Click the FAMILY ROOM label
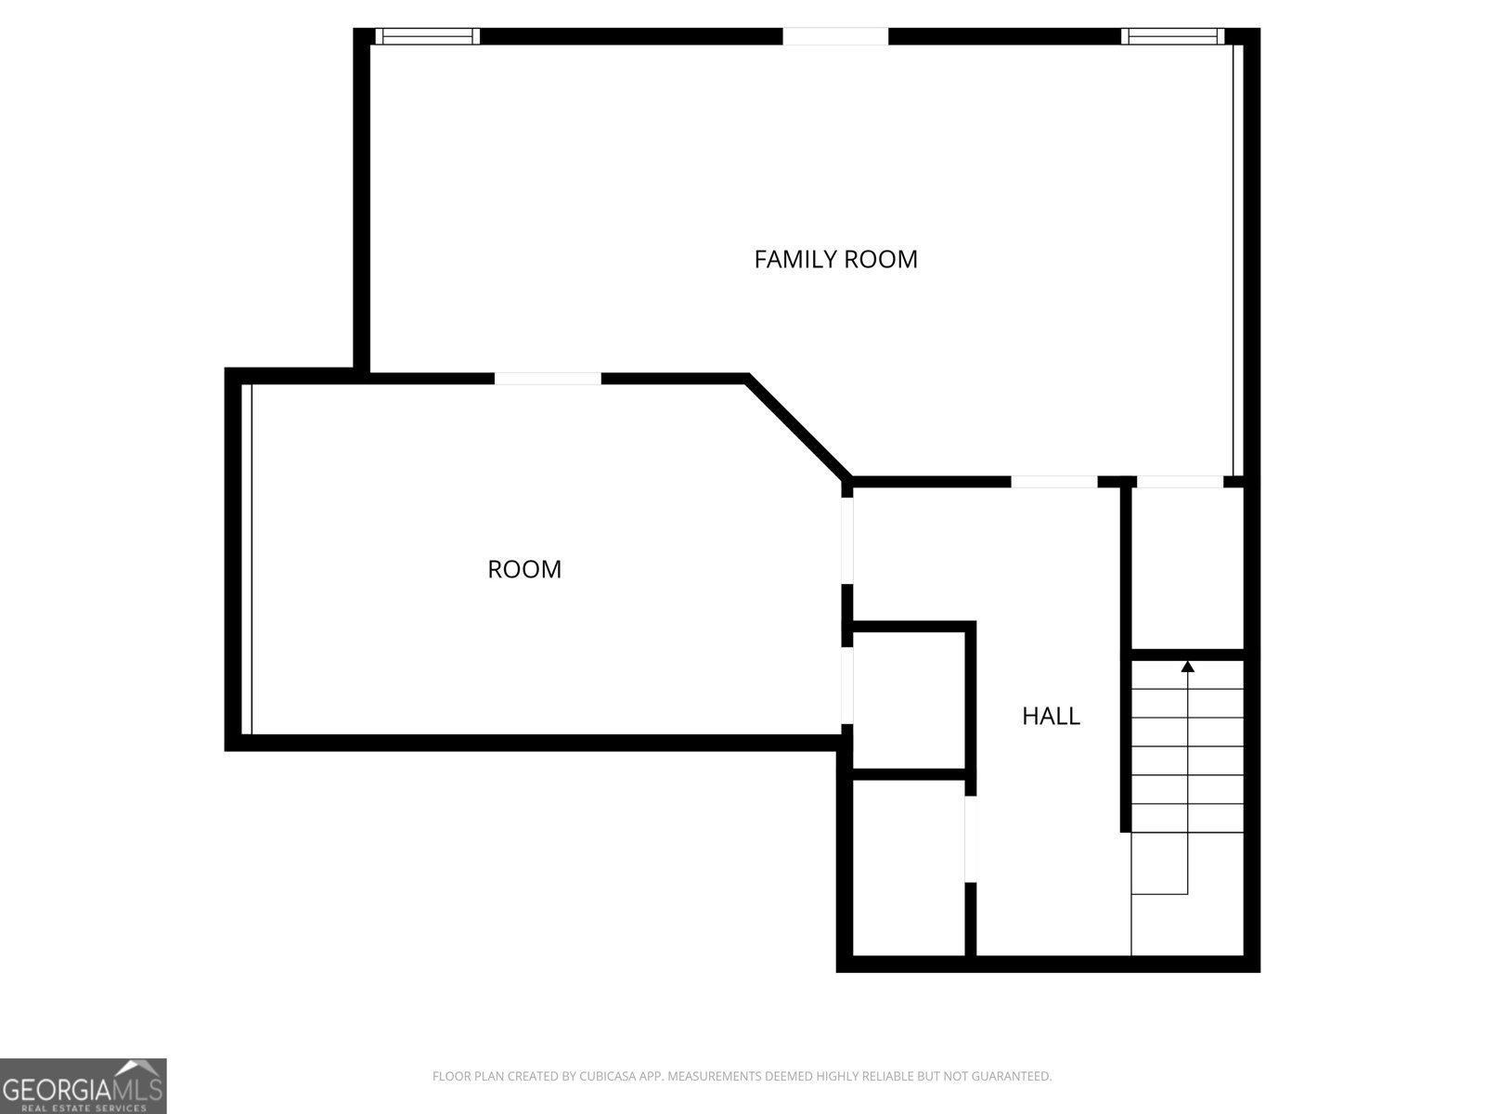tap(835, 259)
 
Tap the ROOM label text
tap(524, 569)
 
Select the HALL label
tap(1051, 716)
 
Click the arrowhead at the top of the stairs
tap(1187, 667)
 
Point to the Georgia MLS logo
tap(84, 1085)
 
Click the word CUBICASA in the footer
tap(605, 1076)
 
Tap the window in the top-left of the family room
tap(428, 36)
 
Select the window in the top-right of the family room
tap(1172, 36)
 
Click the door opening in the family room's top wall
tap(835, 36)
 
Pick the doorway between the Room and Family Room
tap(548, 379)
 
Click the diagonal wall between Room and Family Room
tap(798, 427)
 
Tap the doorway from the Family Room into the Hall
tap(1054, 482)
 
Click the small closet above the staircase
tap(1187, 568)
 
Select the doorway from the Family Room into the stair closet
tap(1180, 482)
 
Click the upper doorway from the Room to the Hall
tap(847, 540)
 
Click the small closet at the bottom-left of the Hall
tap(908, 868)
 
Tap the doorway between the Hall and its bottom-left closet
tap(970, 838)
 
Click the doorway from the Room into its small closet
tap(847, 686)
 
